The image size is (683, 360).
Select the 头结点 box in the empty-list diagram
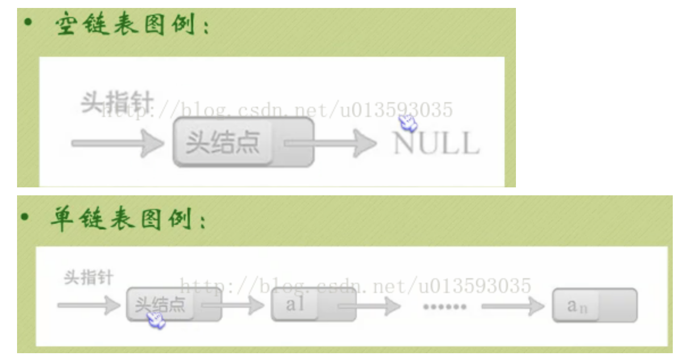pyautogui.click(x=243, y=143)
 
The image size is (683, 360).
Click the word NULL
pyautogui.click(x=436, y=143)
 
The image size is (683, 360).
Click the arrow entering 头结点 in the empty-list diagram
pyautogui.click(x=117, y=143)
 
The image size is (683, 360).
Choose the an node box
pyautogui.click(x=594, y=306)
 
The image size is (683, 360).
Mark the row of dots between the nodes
pyautogui.click(x=445, y=307)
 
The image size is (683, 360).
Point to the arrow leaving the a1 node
pyautogui.click(x=370, y=307)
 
